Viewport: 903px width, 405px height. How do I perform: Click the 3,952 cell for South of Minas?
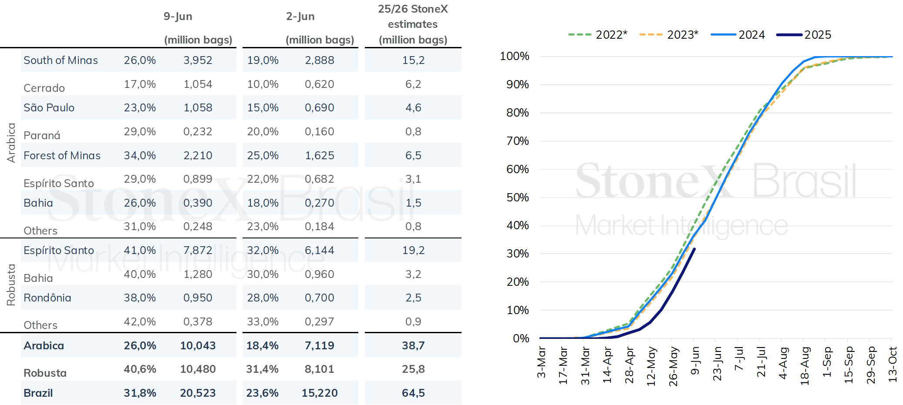[198, 60]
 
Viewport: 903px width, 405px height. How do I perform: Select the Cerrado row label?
[44, 88]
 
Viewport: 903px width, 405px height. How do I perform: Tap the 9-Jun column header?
[178, 17]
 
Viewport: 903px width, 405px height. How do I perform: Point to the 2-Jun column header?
[300, 17]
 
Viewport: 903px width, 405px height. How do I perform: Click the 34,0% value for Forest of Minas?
[140, 155]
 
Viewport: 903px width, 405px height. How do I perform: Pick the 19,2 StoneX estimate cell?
[413, 250]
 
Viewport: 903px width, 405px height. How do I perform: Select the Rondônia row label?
[47, 298]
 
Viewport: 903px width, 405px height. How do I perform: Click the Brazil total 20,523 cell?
[198, 393]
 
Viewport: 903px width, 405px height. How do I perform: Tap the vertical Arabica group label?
[11, 143]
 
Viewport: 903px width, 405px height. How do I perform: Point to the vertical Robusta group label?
[11, 285]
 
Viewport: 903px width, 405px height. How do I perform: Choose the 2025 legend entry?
[804, 35]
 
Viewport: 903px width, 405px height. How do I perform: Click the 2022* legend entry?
[598, 35]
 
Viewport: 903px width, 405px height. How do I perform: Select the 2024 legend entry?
[738, 35]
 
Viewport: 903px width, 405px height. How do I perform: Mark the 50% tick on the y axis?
[518, 197]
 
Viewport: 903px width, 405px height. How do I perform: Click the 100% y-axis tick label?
[515, 56]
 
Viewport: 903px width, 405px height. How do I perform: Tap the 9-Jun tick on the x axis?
[695, 361]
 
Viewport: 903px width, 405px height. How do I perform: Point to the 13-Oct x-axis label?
[893, 365]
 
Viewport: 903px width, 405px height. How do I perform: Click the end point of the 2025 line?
[694, 249]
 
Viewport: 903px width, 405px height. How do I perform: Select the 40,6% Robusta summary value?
[140, 369]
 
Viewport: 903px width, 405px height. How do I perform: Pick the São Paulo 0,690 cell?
[320, 107]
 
